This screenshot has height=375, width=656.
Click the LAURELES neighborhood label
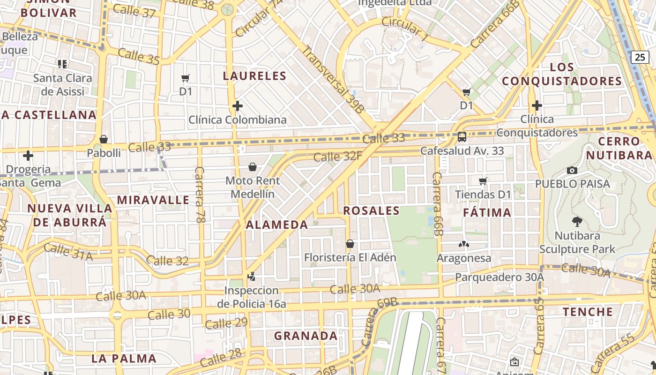click(x=254, y=76)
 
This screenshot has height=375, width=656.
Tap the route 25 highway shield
click(x=640, y=57)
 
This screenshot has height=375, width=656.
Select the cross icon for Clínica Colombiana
click(x=238, y=106)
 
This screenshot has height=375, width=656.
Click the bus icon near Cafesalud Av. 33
click(x=462, y=137)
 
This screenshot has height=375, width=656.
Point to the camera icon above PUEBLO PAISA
click(x=572, y=170)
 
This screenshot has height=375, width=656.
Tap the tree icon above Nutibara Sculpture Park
click(x=577, y=221)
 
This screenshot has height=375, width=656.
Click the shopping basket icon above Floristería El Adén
click(x=350, y=244)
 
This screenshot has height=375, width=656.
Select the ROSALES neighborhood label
click(x=371, y=211)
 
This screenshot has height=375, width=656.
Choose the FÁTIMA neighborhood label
click(x=487, y=213)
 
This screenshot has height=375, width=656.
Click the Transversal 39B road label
click(x=333, y=79)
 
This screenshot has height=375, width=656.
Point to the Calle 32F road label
click(x=337, y=156)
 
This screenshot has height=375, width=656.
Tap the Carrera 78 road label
click(x=200, y=195)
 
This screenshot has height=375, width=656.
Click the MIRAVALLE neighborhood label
click(x=153, y=200)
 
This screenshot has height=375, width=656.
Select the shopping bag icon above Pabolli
click(x=104, y=139)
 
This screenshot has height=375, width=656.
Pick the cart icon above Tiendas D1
click(x=483, y=181)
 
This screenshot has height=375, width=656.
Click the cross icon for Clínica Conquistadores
click(x=537, y=105)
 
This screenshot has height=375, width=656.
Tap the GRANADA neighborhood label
click(x=306, y=336)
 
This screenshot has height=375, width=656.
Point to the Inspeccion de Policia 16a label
click(x=252, y=297)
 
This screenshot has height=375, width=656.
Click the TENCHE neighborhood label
click(x=588, y=312)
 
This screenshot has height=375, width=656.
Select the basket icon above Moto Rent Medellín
click(x=253, y=167)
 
